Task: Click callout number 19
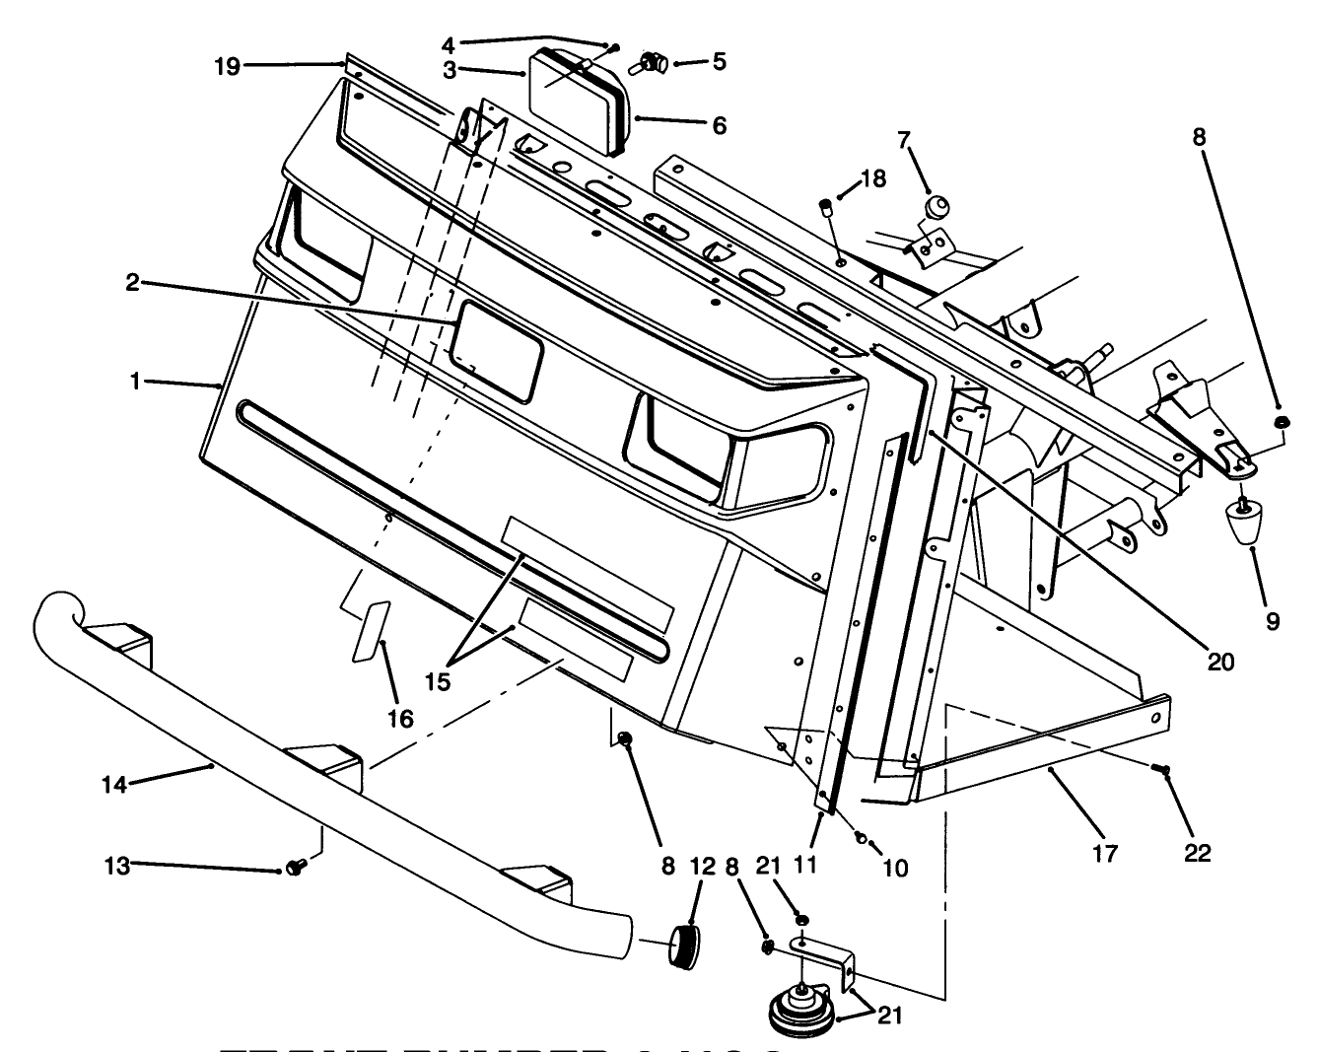[227, 66]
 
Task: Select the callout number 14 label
[114, 785]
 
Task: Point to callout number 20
[1220, 663]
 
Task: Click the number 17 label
[1106, 853]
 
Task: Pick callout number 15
[438, 681]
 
